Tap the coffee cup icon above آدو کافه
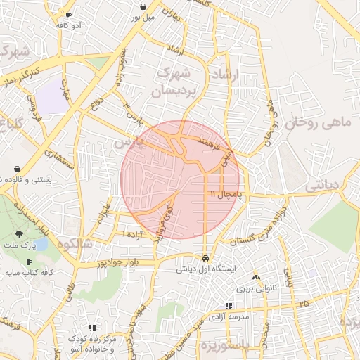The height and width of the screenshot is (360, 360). point(67,15)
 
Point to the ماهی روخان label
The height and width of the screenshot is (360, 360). point(317,122)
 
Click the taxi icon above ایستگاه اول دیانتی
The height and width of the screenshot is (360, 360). point(205,258)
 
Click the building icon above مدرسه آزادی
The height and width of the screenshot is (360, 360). point(228,306)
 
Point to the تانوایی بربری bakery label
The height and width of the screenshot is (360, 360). point(256,288)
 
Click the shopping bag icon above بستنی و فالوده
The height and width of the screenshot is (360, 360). point(17,169)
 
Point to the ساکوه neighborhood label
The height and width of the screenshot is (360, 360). point(78,244)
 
